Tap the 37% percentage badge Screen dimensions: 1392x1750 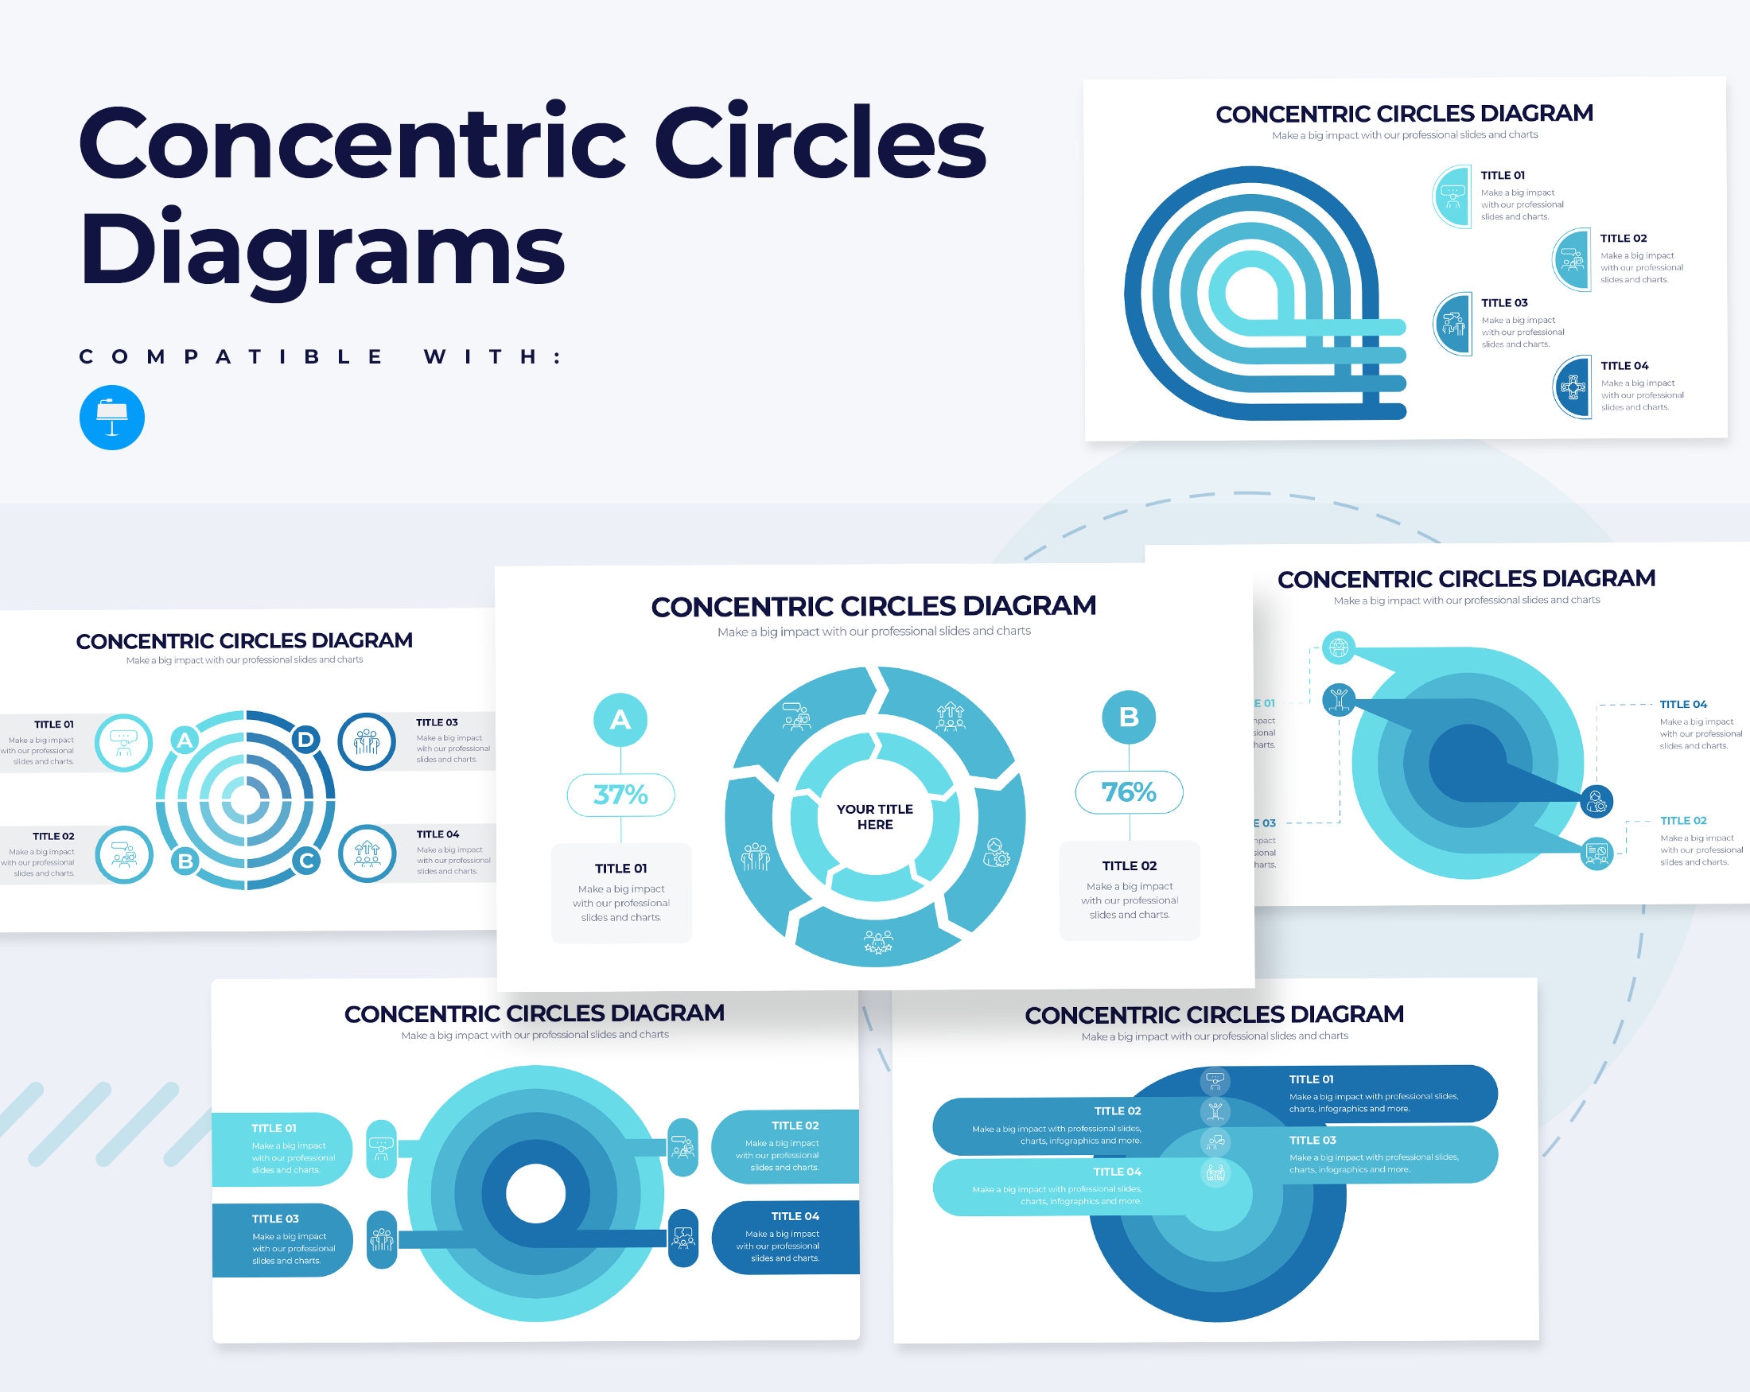pos(620,795)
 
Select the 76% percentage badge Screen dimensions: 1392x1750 pos(1128,791)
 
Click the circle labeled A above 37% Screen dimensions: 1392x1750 pos(620,719)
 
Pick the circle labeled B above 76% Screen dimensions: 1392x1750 pos(1128,717)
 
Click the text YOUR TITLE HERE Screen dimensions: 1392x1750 pos(874,817)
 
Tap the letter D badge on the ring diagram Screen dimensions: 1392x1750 pos(306,739)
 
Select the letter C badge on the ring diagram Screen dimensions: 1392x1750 pos(306,861)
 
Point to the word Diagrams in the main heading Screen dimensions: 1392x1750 pos(322,247)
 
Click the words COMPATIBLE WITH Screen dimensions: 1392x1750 pos(321,356)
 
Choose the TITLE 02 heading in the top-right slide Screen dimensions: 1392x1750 pos(1623,239)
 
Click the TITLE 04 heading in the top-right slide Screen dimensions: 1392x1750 pos(1624,366)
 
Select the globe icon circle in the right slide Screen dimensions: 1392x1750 pos(1339,647)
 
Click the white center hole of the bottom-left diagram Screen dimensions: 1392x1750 pos(535,1194)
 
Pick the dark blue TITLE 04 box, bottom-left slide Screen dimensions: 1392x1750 pos(785,1237)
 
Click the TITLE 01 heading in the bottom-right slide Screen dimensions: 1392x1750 pos(1311,1079)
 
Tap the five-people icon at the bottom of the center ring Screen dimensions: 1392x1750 pos(877,942)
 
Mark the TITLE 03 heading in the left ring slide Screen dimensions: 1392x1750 pos(437,722)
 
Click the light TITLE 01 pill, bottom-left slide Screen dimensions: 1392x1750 pos(282,1149)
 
